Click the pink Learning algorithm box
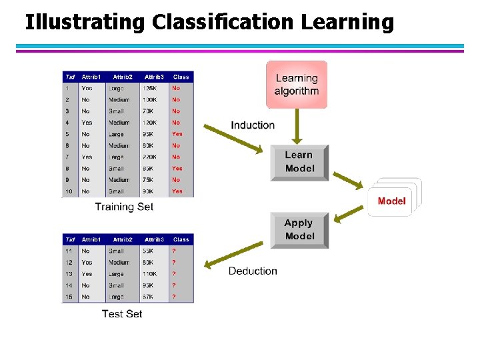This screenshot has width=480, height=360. coord(297,85)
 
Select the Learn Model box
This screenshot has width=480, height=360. coord(299,162)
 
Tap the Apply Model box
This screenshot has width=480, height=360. coord(299,230)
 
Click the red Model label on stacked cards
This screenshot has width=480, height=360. coord(391,201)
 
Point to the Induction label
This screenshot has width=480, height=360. coord(253,125)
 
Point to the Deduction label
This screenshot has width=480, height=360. coord(253,271)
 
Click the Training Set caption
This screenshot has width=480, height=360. coord(124,207)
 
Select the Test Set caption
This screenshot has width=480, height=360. coord(122,313)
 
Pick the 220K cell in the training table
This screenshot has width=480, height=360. coord(151,157)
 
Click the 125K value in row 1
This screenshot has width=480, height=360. coord(150,88)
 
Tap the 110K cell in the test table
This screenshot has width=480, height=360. coord(151,274)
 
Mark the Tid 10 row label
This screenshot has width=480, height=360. coord(68,191)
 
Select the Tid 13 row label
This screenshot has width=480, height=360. coord(69,274)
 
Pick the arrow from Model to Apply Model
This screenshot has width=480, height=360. coord(348,215)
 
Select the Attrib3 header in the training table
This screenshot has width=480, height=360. coord(154,77)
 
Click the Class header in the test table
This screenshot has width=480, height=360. coord(181,239)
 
